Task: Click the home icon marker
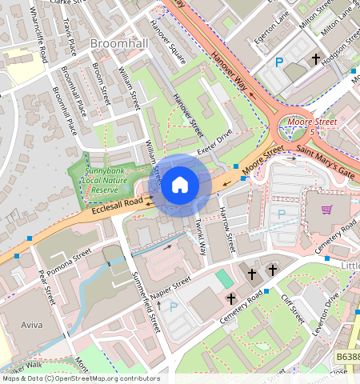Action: click(180, 186)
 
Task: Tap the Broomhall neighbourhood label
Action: click(120, 41)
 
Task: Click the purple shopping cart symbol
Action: click(327, 210)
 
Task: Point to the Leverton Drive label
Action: click(330, 306)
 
